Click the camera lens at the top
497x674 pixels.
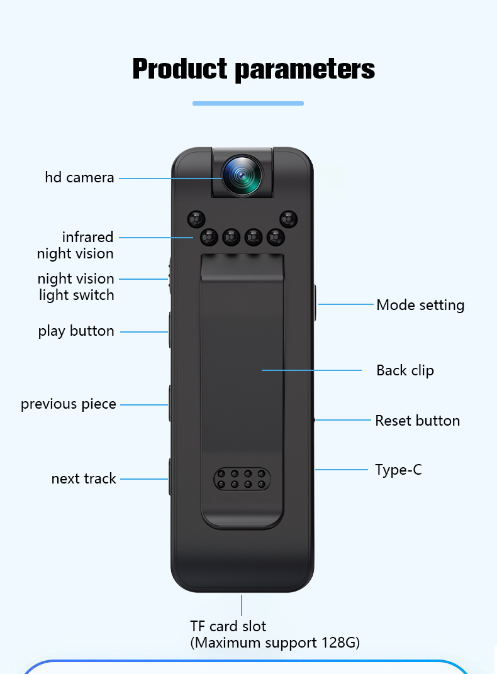242,174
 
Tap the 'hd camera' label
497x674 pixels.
79,177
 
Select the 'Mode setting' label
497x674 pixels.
420,305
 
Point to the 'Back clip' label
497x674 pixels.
405,370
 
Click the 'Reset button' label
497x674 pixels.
417,421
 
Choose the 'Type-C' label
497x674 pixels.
398,470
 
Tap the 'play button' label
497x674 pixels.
76,331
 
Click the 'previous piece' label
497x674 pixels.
69,404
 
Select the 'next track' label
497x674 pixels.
84,478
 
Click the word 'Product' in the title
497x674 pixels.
179,69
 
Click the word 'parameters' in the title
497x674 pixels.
304,70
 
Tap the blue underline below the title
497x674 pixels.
248,103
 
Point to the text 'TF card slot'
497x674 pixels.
228,626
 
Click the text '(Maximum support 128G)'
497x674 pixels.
275,643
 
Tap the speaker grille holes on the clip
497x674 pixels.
242,479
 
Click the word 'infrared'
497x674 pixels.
87,237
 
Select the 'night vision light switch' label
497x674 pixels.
75,287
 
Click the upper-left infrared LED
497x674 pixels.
196,219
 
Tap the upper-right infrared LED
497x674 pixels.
288,219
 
